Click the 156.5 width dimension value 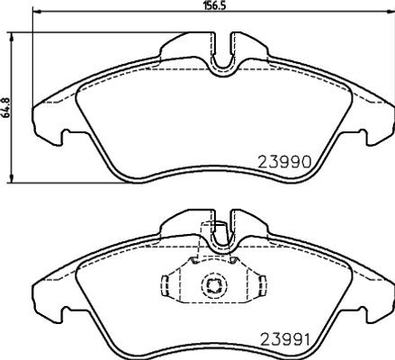pos(214,5)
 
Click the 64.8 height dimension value pos(5,107)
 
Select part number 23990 pos(284,163)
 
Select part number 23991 pos(284,340)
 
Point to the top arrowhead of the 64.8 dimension pos(12,37)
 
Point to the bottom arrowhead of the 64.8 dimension pos(12,177)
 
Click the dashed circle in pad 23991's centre pos(214,285)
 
